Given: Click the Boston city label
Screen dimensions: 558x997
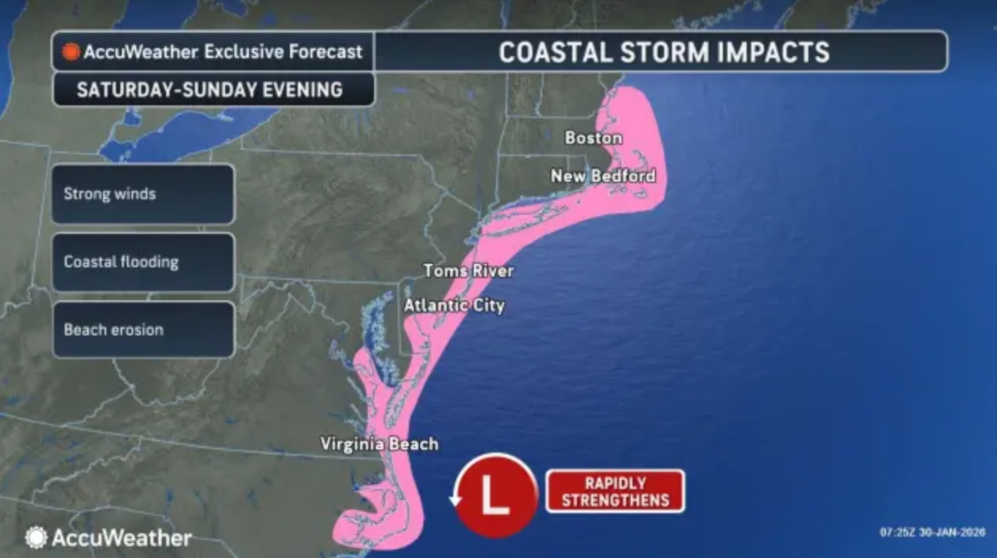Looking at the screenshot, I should [x=594, y=138].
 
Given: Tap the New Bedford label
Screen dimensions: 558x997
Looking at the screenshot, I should [x=603, y=176].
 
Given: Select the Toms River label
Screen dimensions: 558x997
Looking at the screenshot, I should [x=468, y=271].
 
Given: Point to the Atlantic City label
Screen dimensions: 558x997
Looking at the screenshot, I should [x=453, y=305].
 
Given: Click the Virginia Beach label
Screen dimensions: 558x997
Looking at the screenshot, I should [x=379, y=444].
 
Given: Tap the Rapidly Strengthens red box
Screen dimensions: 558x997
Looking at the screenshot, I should [x=615, y=491].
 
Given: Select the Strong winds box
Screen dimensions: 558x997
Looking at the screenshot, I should [x=143, y=194].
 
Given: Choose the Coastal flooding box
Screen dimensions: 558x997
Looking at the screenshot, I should [x=143, y=262].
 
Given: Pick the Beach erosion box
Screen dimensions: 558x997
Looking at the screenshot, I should [x=143, y=330].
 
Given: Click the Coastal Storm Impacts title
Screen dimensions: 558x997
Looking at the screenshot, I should [x=664, y=52].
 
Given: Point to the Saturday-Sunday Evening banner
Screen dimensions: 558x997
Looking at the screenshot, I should [x=210, y=90].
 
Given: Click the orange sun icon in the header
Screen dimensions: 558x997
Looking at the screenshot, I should [x=72, y=52].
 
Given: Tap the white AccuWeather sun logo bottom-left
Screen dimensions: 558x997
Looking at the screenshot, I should [x=36, y=538].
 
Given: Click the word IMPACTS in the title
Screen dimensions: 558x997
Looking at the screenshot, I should [x=776, y=52].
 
